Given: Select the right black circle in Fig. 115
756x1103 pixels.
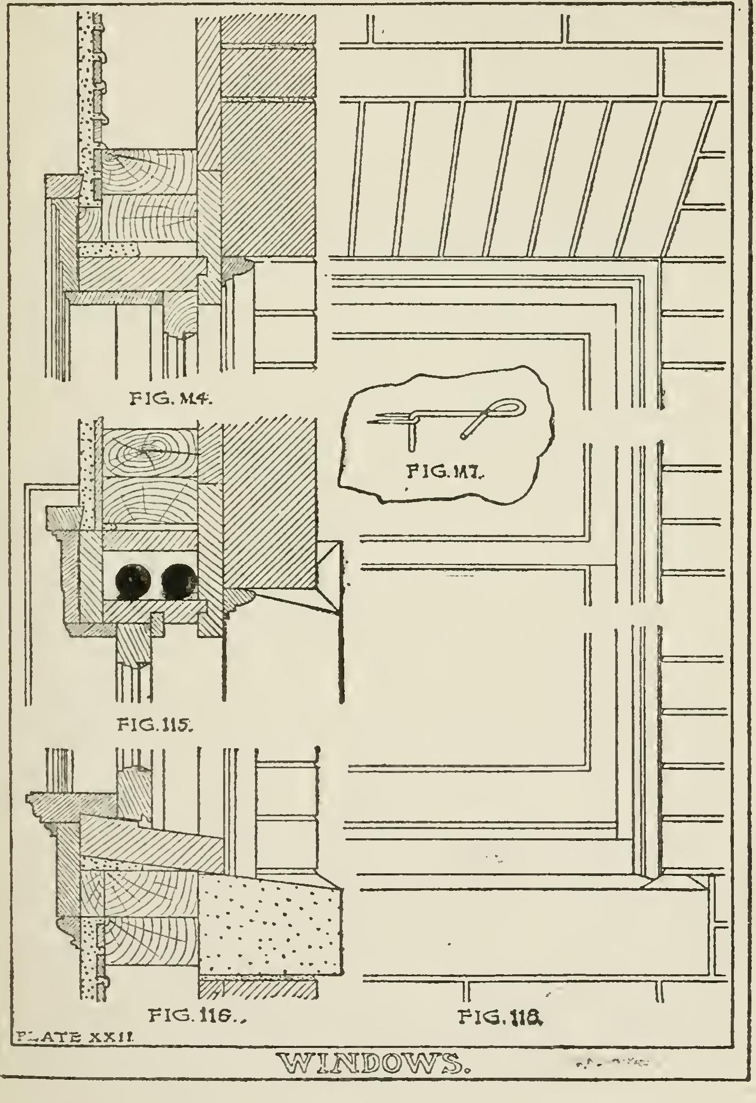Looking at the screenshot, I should pos(179,582).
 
